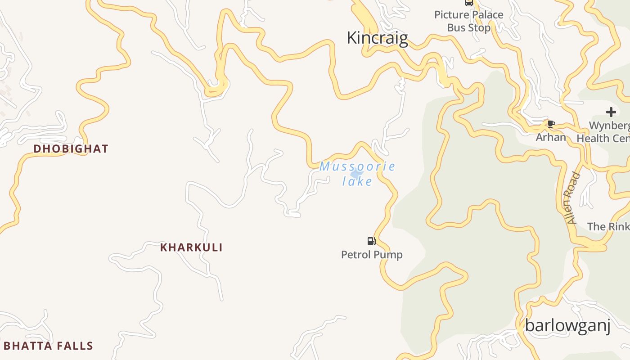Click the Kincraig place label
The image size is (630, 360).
tap(377, 38)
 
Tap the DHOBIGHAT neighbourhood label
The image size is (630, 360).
tap(71, 149)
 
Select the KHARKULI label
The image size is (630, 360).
tap(191, 247)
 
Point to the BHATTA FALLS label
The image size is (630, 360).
tap(48, 346)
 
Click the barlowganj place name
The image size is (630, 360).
tap(567, 325)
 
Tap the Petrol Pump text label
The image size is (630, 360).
tap(372, 255)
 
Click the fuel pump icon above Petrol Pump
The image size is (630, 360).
tap(371, 241)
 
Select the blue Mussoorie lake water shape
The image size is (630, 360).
tap(356, 174)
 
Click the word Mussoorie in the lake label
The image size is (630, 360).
tap(357, 166)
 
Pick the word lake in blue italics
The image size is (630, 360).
tap(357, 181)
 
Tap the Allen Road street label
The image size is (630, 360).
tap(572, 198)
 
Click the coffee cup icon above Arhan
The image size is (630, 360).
tap(551, 124)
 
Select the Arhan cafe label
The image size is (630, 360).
tap(551, 137)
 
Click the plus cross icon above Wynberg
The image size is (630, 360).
tap(611, 112)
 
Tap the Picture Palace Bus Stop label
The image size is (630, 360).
tap(468, 21)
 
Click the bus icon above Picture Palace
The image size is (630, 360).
tap(468, 3)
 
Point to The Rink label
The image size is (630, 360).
tap(608, 226)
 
